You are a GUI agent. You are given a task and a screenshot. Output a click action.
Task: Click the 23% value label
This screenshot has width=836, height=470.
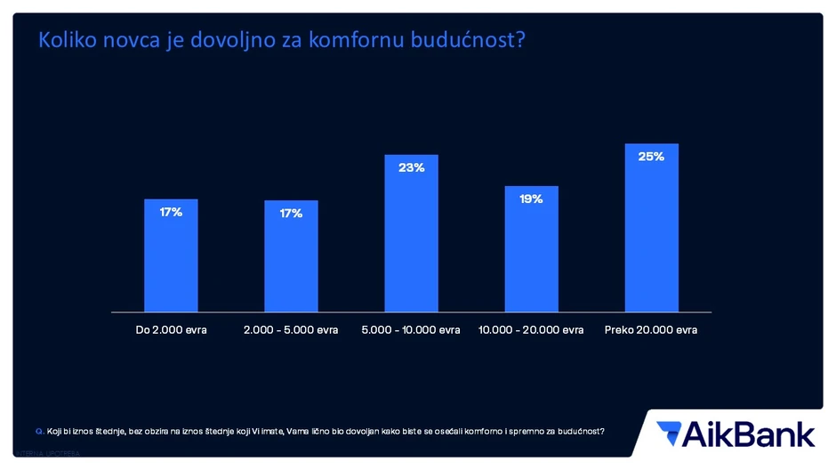[x=411, y=167]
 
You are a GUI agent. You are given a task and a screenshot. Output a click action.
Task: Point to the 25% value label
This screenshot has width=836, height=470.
[x=651, y=157]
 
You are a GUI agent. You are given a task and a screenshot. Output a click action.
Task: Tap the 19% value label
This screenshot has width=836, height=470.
[x=531, y=199]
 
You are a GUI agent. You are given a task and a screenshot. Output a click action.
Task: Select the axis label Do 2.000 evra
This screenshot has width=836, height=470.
[x=171, y=330]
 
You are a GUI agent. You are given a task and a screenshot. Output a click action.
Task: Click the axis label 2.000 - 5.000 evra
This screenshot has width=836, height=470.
[x=291, y=330]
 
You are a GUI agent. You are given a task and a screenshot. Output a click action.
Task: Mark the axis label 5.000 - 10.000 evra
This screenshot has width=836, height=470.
[x=411, y=330]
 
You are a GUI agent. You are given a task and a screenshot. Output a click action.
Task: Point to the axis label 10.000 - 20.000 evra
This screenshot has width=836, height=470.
[x=531, y=330]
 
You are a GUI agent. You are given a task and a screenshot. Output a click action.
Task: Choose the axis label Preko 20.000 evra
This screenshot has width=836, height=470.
[x=651, y=330]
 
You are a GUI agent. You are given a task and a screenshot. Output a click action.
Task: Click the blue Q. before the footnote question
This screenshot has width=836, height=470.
[x=39, y=432]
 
